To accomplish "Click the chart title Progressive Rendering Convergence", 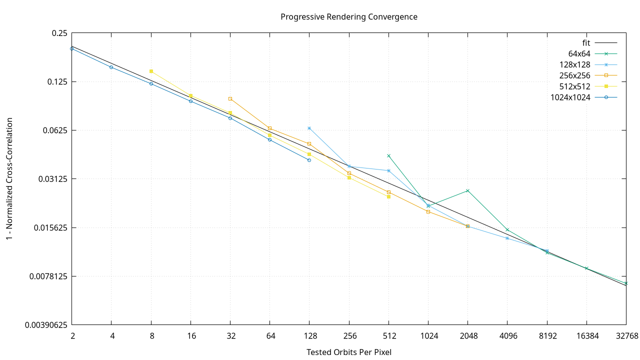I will (348, 16).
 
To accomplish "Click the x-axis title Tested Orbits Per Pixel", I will (348, 352).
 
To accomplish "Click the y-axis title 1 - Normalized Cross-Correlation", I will (9, 178).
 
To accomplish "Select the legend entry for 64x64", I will (579, 54).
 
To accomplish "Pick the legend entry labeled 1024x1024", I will (570, 97).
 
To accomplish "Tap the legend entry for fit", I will (583, 43).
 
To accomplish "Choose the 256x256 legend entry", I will (575, 75).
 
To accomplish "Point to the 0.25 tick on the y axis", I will (59, 33).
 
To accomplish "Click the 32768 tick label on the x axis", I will (626, 336).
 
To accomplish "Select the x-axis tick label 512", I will (388, 336).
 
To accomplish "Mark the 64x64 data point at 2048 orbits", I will (467, 190).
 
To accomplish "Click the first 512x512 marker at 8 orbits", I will (151, 71).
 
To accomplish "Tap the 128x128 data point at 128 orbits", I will (309, 128).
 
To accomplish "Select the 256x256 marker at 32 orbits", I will (230, 98).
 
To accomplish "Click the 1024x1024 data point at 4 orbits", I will (111, 67).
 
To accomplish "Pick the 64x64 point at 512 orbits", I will (388, 155).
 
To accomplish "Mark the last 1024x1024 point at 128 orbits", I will (309, 160).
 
